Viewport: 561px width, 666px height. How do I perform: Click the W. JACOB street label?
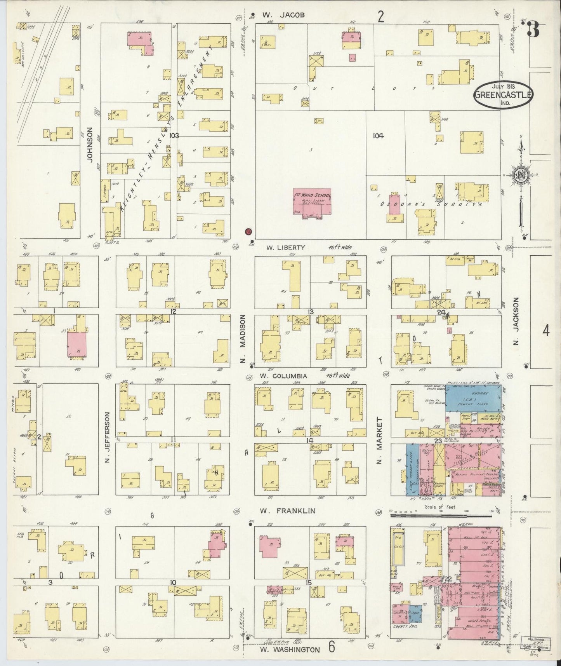283,15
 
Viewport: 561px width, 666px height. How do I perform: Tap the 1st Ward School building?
311,202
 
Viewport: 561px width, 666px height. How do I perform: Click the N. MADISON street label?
243,339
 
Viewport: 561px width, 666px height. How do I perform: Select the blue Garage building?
472,399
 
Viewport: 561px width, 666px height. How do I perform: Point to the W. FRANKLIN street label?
288,511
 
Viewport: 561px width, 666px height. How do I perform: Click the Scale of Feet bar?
441,515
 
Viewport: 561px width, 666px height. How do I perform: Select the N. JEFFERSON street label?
107,438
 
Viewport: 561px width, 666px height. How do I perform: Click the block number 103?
174,136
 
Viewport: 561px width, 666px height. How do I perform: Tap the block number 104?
378,136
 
